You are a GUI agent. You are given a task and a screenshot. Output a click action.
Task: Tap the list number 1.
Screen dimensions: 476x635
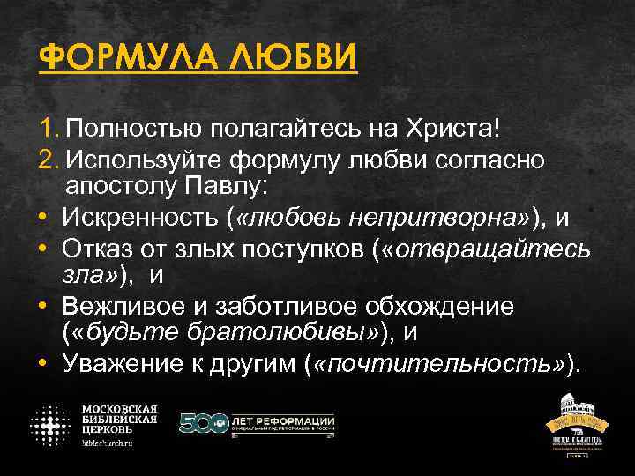[x=48, y=130]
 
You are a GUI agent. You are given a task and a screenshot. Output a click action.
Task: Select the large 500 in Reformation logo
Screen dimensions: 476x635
[x=203, y=423]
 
